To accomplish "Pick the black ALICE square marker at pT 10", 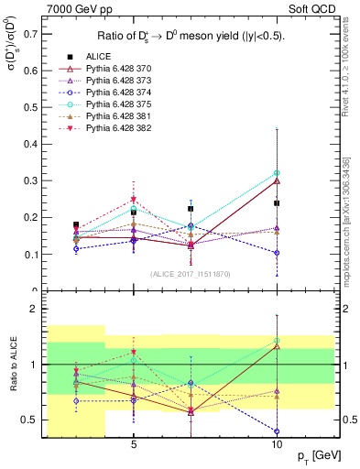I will (x=277, y=203).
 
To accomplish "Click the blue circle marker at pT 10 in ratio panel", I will (x=277, y=431).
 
